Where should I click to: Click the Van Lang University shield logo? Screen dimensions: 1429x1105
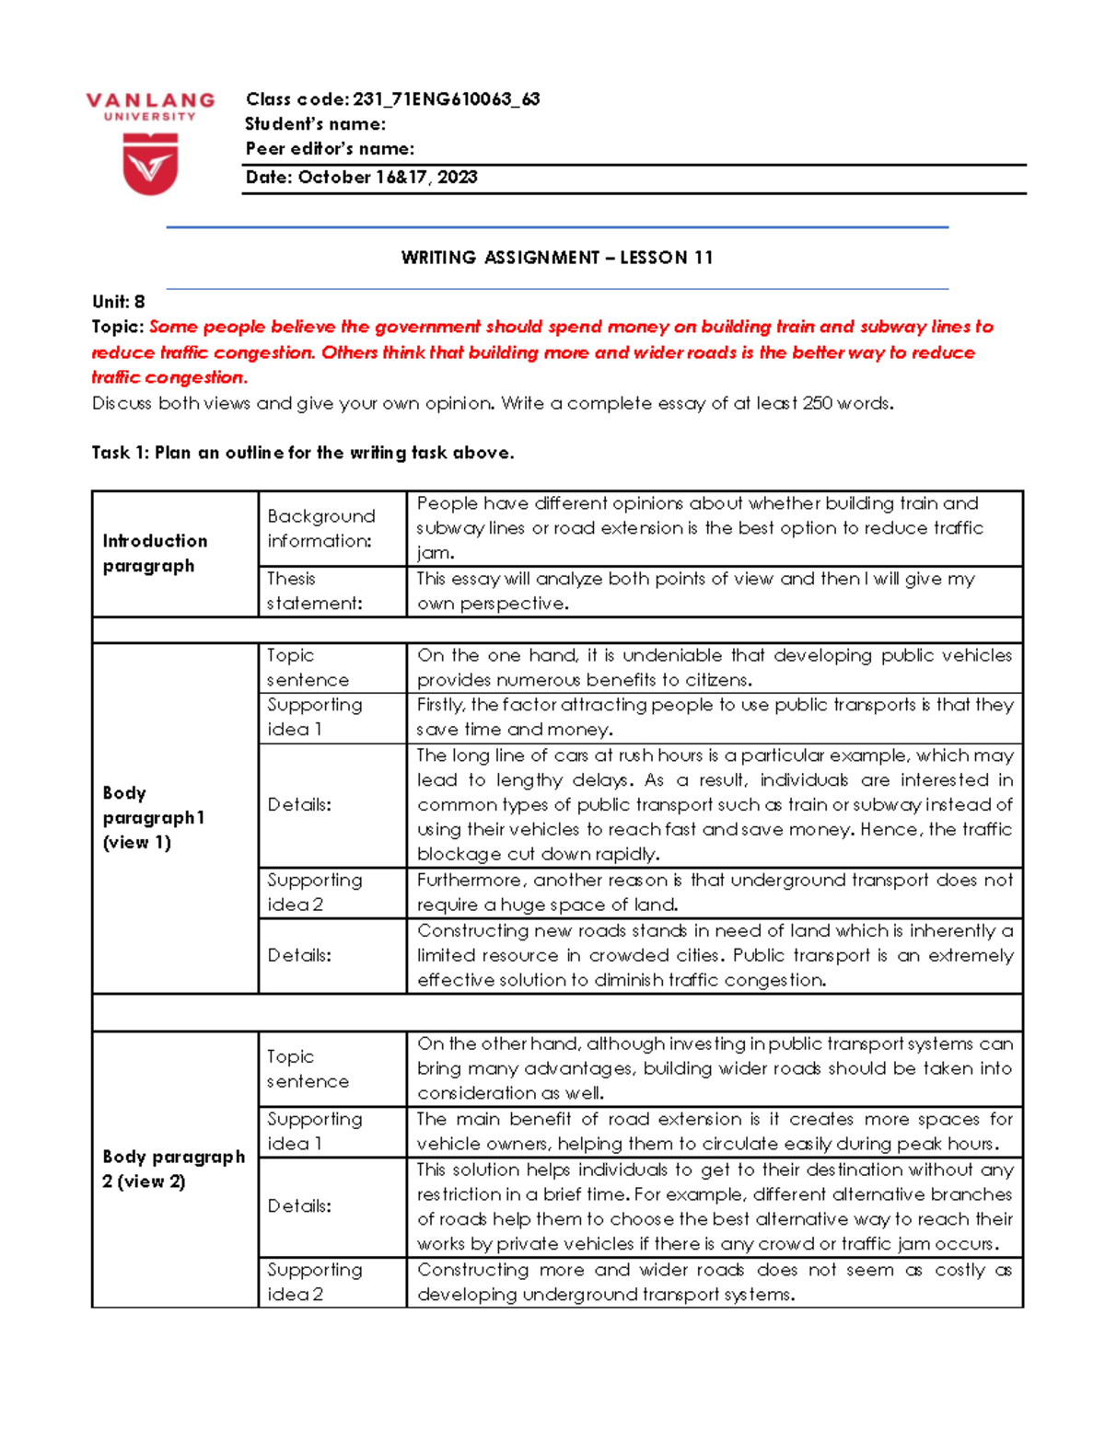[x=150, y=164]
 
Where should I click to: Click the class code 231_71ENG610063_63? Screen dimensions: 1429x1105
[x=446, y=99]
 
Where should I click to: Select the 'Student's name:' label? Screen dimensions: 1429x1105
[x=315, y=124]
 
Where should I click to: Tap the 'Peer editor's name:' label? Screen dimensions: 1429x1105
[x=330, y=149]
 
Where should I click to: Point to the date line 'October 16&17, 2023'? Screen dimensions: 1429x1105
[x=387, y=178]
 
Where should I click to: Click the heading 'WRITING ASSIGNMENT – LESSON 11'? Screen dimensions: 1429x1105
[x=557, y=258]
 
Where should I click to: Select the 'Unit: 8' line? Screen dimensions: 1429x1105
[x=119, y=302]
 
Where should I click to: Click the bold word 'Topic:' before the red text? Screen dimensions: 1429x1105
[x=118, y=327]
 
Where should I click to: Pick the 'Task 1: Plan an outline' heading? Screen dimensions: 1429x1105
[x=303, y=453]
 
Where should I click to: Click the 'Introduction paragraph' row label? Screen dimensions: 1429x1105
[x=155, y=553]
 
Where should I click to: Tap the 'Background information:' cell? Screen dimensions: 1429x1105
[x=321, y=528]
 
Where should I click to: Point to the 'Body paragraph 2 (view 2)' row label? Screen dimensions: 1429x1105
[x=173, y=1169]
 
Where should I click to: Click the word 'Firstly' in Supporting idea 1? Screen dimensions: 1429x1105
[x=441, y=705]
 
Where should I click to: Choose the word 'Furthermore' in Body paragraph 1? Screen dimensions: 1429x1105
[x=470, y=881]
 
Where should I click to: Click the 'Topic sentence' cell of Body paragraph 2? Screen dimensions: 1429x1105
[x=308, y=1068]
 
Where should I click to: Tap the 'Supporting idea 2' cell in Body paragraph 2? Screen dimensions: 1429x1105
[x=315, y=1282]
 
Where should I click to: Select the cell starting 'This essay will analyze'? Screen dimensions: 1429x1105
[x=695, y=591]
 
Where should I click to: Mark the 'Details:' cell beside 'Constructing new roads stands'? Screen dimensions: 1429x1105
[x=299, y=955]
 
